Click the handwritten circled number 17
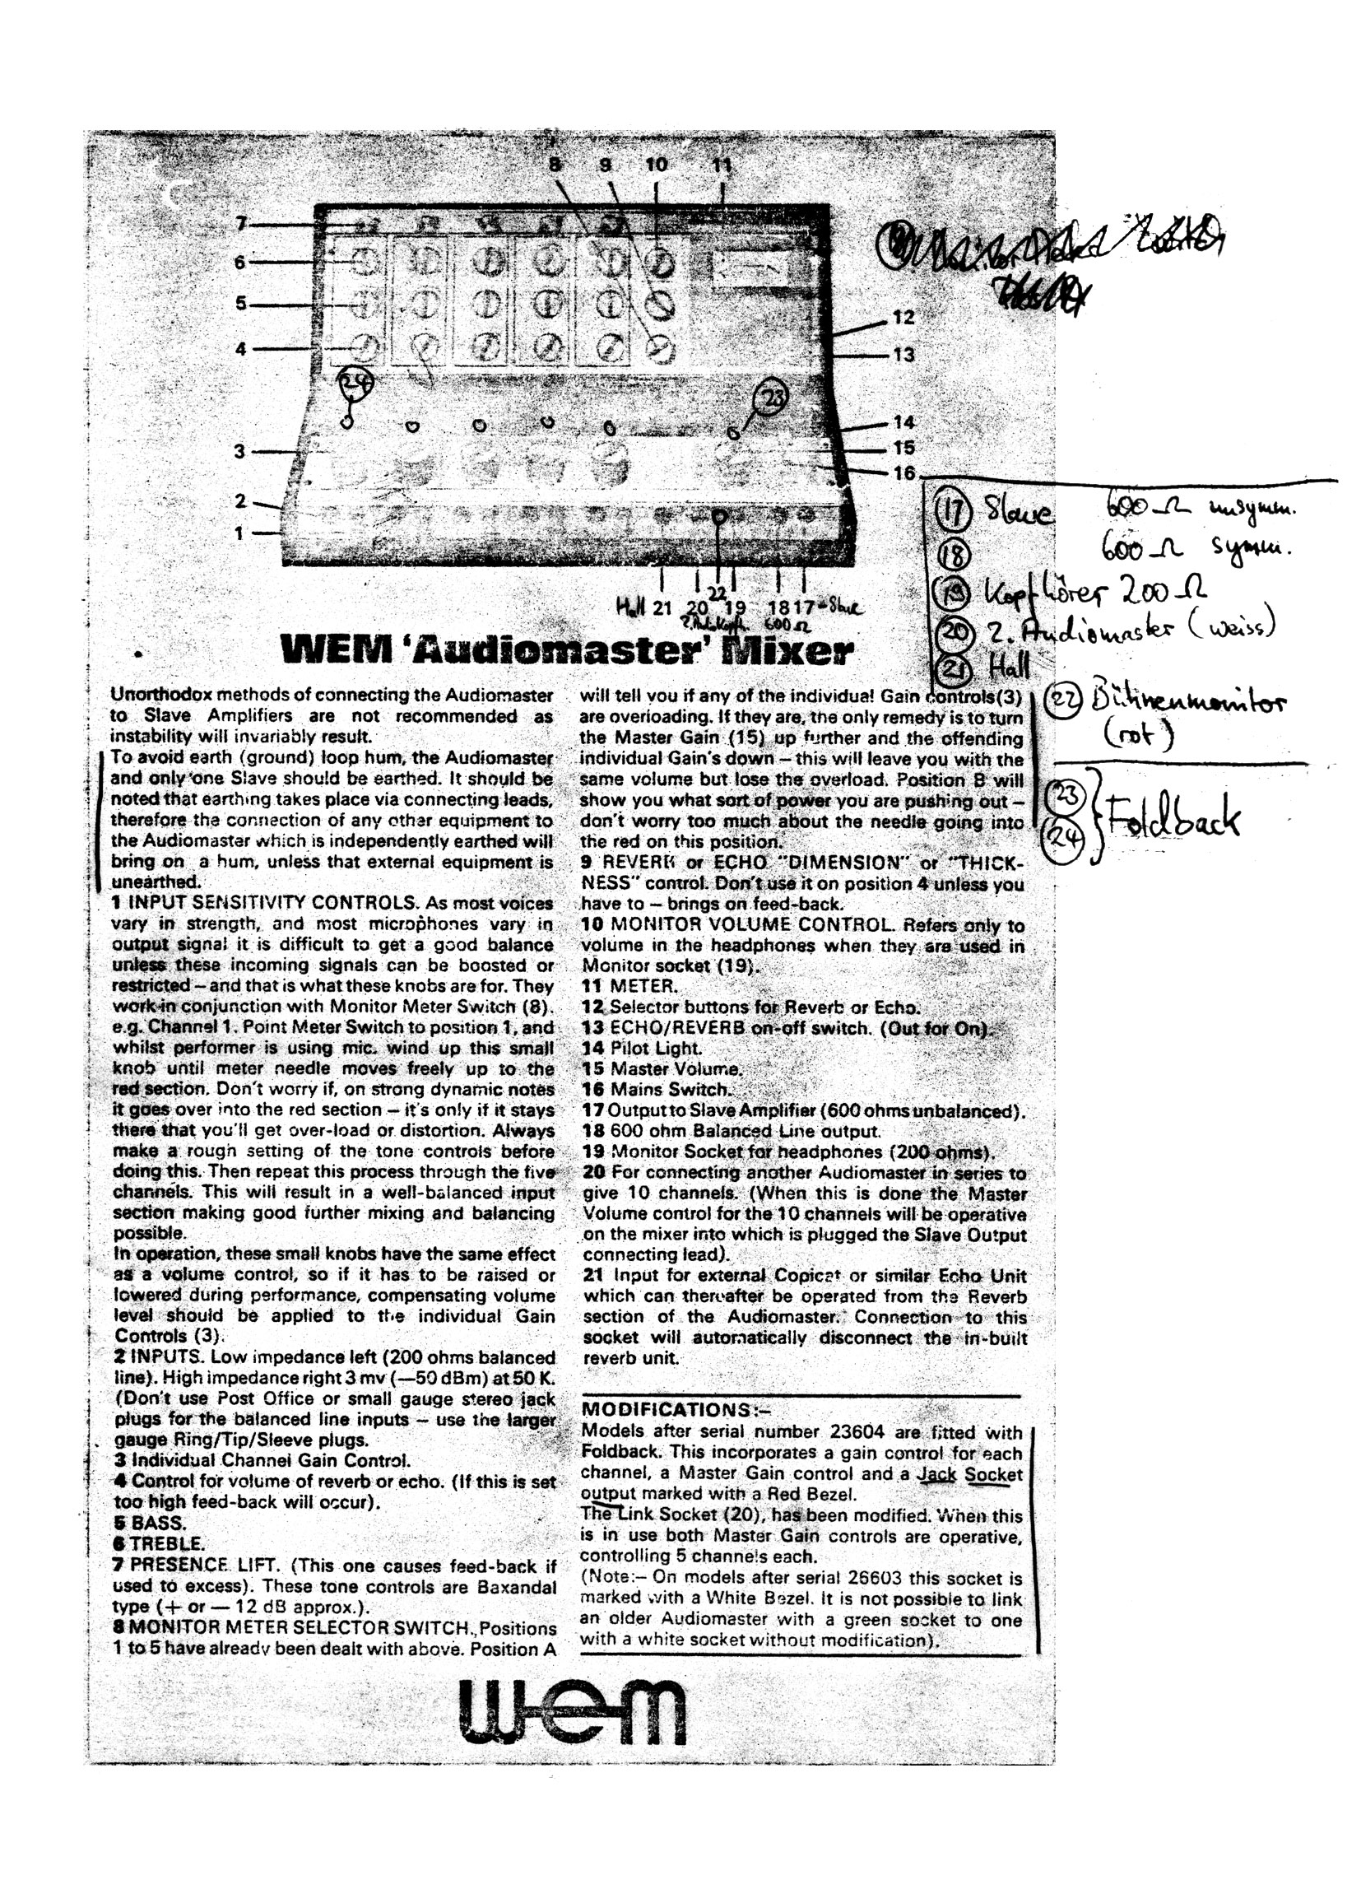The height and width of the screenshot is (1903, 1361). pos(956,511)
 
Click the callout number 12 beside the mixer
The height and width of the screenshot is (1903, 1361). pos(903,318)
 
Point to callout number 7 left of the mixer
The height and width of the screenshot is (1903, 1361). pos(241,224)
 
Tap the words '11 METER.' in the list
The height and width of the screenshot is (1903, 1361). pos(630,987)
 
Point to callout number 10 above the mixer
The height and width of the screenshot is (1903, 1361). pos(656,165)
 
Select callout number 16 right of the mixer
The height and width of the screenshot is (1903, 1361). pos(903,472)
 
